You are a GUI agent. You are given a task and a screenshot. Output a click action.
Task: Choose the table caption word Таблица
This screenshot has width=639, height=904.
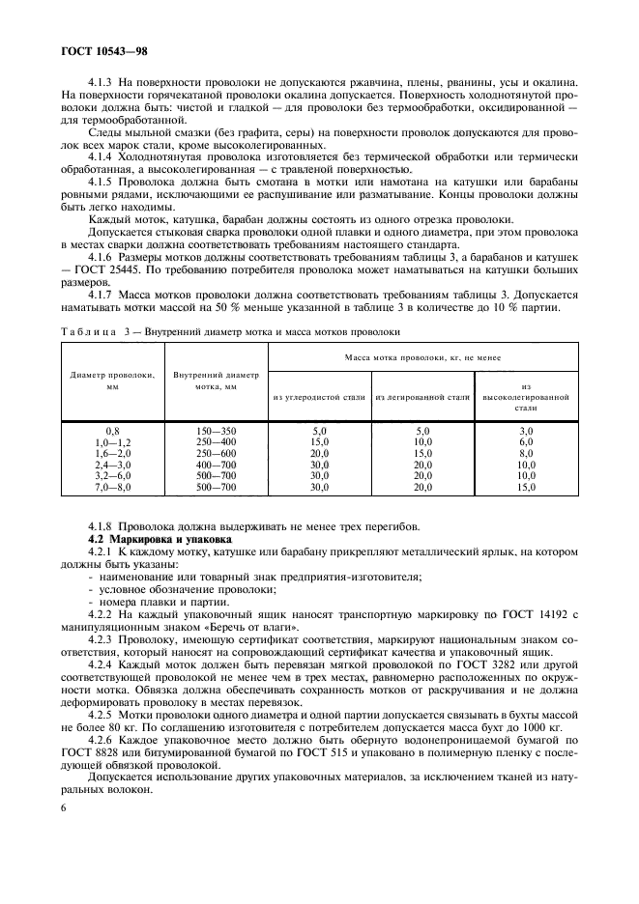87,331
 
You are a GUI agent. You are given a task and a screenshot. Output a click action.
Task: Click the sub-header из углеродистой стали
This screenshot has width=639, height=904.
319,397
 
